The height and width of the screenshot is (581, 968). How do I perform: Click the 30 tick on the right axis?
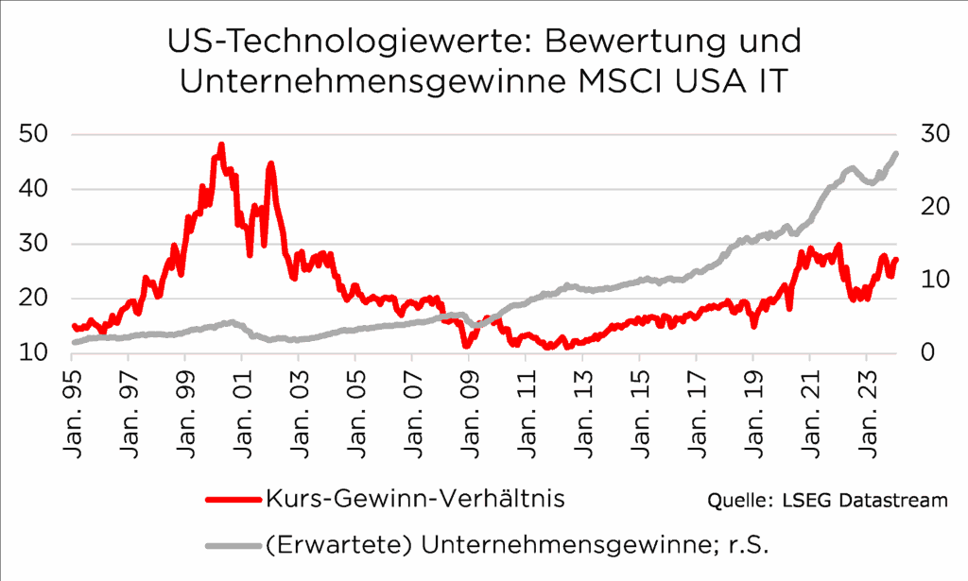[x=933, y=134]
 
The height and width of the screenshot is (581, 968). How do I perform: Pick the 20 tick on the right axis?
[x=933, y=207]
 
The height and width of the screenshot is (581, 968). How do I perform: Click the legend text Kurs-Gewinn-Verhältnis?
[x=415, y=499]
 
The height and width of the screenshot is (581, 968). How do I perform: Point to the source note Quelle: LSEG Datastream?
[x=826, y=500]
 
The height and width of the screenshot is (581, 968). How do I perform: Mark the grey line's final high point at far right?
[x=895, y=153]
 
